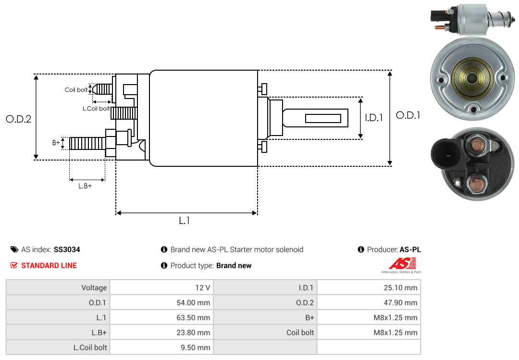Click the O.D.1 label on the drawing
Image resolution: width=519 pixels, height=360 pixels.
pos(408,115)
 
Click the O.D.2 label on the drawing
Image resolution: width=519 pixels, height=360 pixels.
pos(18,119)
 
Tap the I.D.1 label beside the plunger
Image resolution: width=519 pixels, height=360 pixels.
pos(373,117)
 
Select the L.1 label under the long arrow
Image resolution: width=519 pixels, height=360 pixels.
pos(185,221)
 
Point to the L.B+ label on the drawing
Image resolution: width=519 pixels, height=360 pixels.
pos(85,186)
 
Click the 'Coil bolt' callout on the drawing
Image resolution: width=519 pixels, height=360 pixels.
pos(76,90)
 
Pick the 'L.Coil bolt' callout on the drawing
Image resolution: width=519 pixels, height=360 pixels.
pos(96,109)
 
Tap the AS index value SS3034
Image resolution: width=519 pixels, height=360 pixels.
pos(67,249)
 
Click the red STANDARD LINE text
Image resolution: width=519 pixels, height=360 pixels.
pos(49,265)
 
